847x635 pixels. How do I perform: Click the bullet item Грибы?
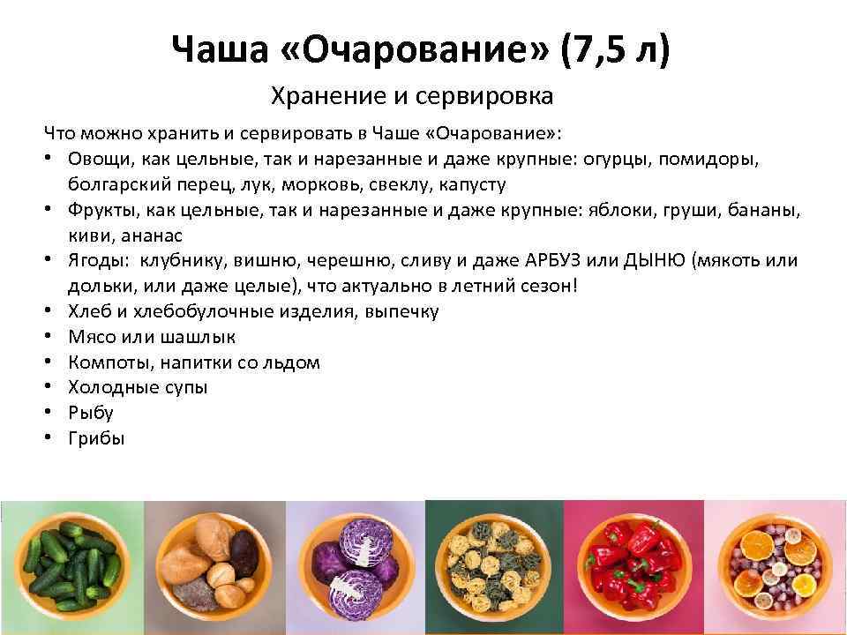click(96, 438)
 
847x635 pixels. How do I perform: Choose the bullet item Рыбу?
click(90, 413)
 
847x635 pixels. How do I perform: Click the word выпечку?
click(401, 311)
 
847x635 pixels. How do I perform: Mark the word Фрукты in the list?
click(97, 212)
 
